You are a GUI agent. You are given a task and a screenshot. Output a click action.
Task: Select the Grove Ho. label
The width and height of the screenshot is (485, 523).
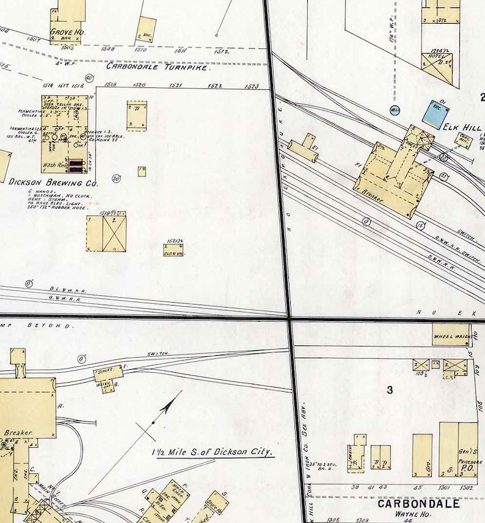67,31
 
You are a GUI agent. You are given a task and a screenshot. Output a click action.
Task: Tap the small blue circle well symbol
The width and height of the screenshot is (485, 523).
395,110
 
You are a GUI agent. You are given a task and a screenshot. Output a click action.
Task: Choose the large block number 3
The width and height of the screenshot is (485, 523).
390,390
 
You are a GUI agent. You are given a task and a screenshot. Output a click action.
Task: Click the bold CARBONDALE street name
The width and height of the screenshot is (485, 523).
418,504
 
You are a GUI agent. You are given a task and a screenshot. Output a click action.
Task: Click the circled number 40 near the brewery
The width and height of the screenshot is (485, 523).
89,78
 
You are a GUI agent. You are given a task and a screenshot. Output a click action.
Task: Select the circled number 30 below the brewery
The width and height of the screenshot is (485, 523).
115,178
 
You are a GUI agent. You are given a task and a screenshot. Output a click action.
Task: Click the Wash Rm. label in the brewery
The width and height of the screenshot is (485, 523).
54,165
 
